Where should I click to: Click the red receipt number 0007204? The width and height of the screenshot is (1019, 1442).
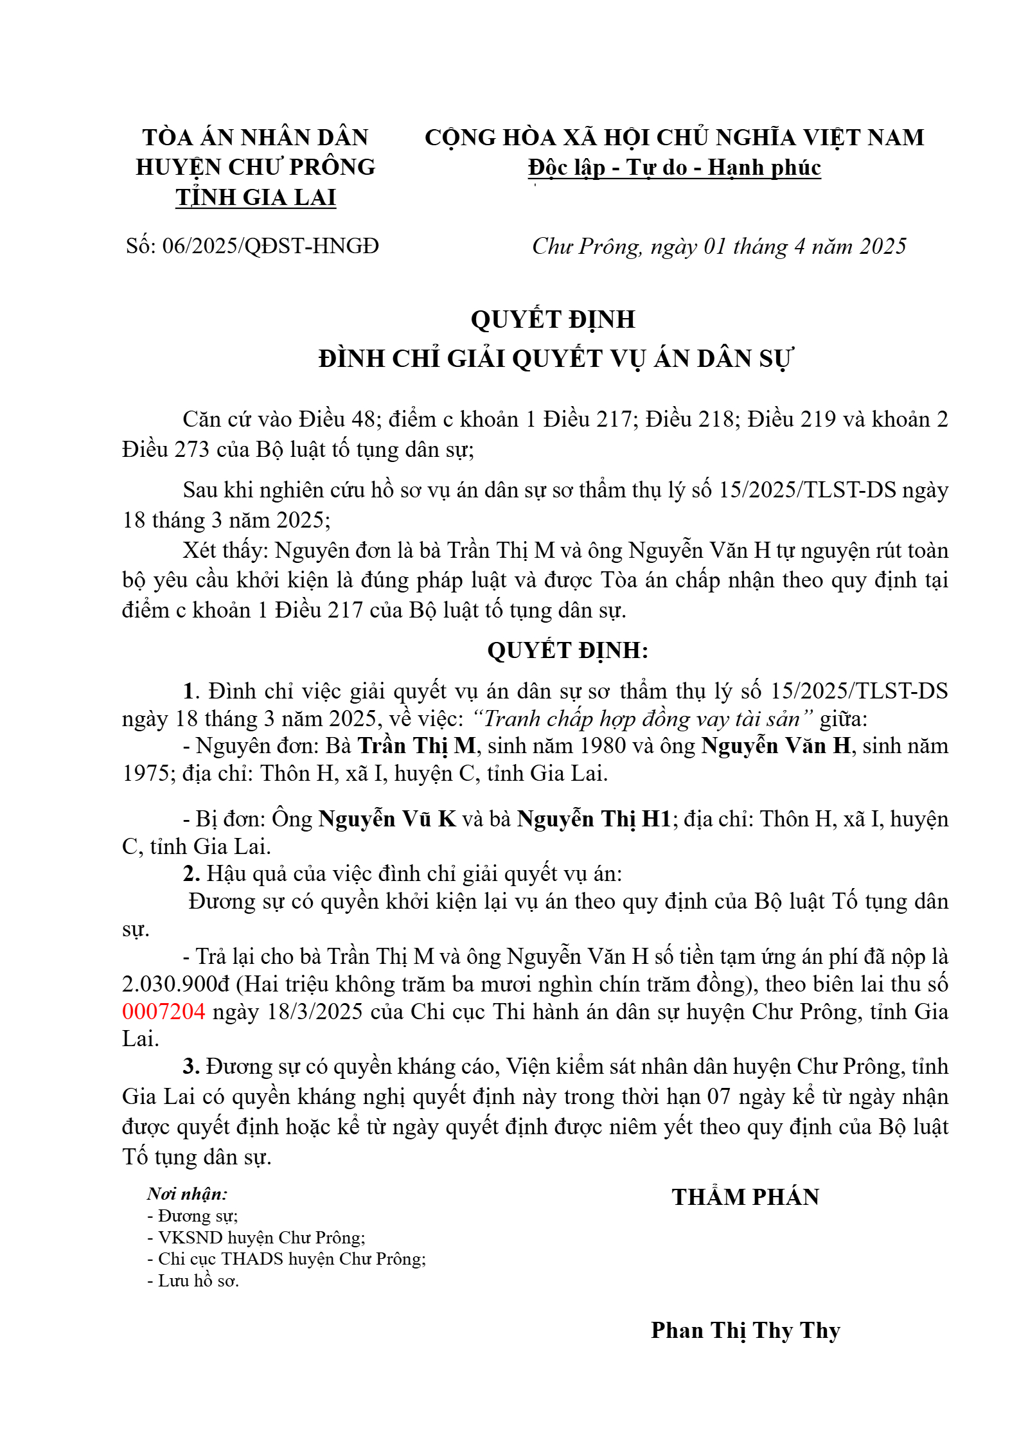(163, 1011)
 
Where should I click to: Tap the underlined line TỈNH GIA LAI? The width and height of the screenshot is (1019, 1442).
(256, 197)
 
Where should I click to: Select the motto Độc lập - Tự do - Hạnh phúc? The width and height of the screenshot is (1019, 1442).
(674, 168)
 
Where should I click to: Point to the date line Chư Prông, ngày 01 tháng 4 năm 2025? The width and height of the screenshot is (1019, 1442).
(718, 246)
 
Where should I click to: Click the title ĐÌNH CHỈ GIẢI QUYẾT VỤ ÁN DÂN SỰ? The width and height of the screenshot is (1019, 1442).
(556, 359)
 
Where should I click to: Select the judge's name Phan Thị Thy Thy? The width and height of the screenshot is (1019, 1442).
(745, 1330)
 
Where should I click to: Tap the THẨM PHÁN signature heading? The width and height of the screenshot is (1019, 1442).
(745, 1197)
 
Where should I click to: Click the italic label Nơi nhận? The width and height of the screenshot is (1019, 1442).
(187, 1194)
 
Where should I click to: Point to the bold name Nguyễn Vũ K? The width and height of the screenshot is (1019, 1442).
(387, 819)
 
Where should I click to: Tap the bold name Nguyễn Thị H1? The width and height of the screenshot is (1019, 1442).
(594, 819)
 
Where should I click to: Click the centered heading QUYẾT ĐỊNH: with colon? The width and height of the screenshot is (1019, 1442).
(568, 650)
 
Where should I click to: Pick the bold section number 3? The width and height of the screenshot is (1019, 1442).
(191, 1066)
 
